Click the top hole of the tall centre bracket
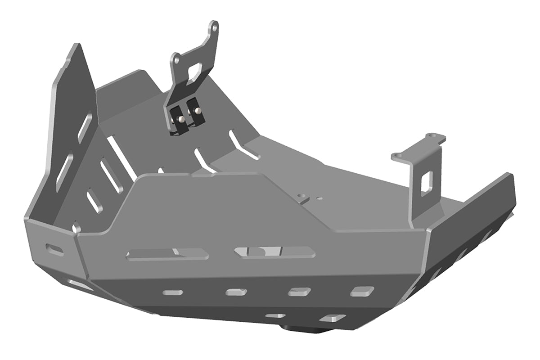click(215, 27)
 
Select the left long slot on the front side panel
click(167, 254)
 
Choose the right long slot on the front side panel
click(274, 252)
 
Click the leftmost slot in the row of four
click(173, 292)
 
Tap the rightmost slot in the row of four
click(362, 291)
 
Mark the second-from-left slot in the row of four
click(236, 292)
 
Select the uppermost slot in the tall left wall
click(84, 127)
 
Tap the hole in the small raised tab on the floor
click(303, 196)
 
